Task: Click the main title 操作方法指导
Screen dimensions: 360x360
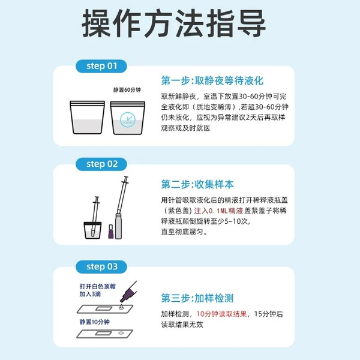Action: coord(174,23)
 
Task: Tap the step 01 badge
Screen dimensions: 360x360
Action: coord(101,66)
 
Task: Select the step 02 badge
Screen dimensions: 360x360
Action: coord(101,164)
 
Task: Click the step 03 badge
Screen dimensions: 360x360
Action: coord(101,267)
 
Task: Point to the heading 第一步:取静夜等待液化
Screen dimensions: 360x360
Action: coord(212,81)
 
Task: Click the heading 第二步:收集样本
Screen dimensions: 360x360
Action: coord(197,184)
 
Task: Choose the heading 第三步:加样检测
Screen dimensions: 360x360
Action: coord(197,298)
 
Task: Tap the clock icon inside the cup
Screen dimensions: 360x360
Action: coord(128,120)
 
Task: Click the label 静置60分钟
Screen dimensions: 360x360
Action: coord(127,90)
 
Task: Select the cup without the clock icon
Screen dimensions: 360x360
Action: coord(87,118)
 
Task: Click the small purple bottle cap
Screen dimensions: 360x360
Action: coord(111,232)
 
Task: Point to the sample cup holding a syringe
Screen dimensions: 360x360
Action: coord(92,230)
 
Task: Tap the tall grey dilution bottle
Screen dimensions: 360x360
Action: coord(118,226)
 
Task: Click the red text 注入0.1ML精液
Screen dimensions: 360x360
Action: coord(218,211)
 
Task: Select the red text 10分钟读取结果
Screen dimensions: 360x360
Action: coord(221,314)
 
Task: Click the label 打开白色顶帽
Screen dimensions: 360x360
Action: coord(98,286)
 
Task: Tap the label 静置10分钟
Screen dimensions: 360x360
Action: coord(95,322)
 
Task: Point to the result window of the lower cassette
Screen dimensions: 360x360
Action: coord(104,334)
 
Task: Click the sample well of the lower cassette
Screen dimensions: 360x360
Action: coord(121,333)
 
